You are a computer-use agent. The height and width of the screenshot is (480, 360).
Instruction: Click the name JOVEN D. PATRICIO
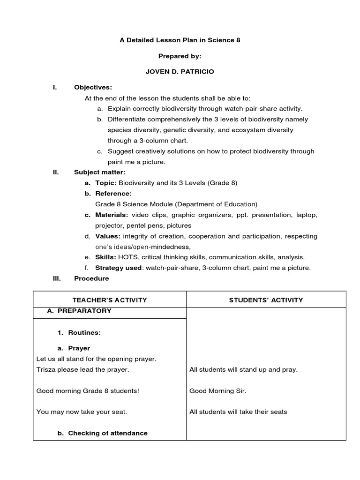tap(180, 72)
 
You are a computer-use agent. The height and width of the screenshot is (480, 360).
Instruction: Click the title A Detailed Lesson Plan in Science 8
tap(180, 40)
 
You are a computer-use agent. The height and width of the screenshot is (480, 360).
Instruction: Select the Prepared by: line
tap(180, 56)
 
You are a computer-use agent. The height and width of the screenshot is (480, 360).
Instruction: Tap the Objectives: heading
tap(93, 87)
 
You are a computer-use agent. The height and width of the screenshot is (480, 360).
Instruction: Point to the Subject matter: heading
tap(99, 172)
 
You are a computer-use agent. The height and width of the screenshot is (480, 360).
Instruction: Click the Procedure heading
tap(91, 278)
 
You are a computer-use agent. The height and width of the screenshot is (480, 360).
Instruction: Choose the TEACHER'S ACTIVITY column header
tap(110, 300)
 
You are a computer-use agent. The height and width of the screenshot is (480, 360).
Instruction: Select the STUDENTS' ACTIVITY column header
tap(266, 300)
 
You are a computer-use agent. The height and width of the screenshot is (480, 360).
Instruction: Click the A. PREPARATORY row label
tap(79, 311)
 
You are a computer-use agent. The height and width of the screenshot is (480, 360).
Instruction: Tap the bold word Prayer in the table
tap(79, 348)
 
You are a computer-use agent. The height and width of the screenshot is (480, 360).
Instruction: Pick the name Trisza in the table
tap(46, 369)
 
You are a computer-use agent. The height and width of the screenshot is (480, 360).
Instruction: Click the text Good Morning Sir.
tap(217, 390)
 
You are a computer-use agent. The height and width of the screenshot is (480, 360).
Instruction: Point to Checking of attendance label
tap(108, 433)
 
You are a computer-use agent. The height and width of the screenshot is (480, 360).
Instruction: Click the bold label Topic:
tap(106, 183)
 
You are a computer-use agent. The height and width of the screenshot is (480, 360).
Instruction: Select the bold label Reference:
tap(113, 194)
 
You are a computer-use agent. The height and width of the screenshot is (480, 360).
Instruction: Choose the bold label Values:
tap(108, 236)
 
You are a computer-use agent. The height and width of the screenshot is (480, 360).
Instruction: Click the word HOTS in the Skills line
tap(127, 257)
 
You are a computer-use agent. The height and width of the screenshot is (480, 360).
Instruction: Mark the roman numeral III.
tap(56, 278)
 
